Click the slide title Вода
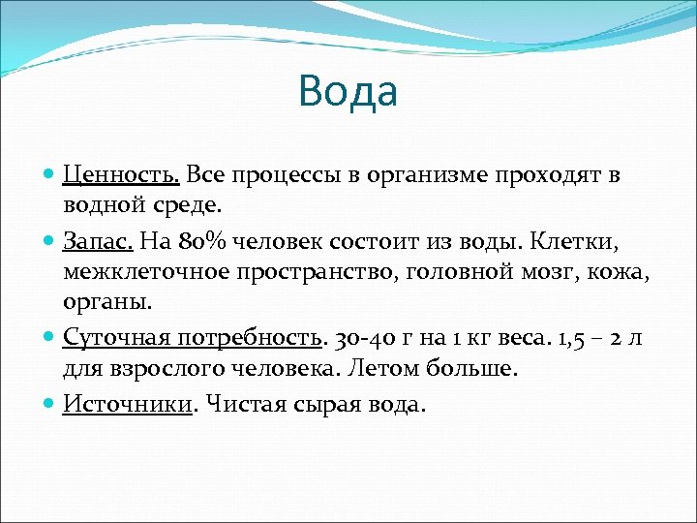(348, 91)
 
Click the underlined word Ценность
(121, 175)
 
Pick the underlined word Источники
(128, 404)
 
